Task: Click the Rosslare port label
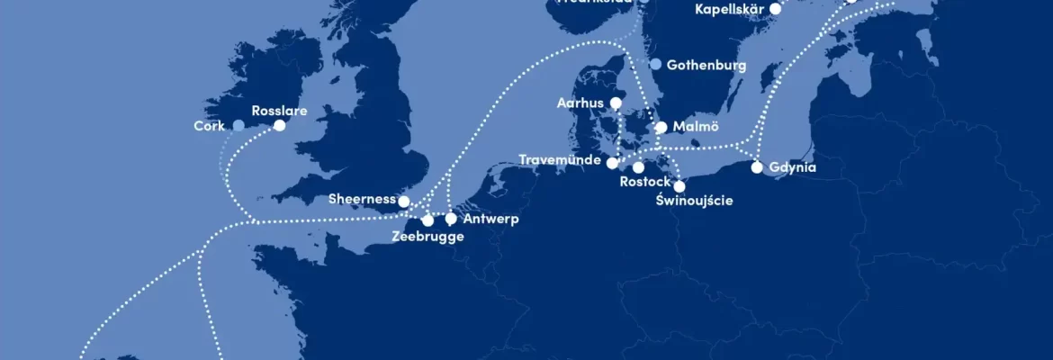[x=279, y=111]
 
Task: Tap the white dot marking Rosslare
[x=280, y=126]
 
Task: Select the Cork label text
[x=209, y=126]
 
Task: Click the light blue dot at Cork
[x=238, y=126]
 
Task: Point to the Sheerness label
[x=362, y=199]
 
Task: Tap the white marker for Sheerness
[x=404, y=202]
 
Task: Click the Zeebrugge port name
[x=428, y=237]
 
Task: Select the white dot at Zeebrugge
[x=427, y=220]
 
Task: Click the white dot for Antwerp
[x=451, y=219]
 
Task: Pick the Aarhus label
[x=580, y=103]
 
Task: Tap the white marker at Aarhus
[x=616, y=103]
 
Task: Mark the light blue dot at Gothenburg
[x=656, y=65]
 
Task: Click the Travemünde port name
[x=561, y=161]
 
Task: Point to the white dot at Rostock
[x=639, y=167]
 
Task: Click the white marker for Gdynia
[x=758, y=167]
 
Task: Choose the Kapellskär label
[x=730, y=9]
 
